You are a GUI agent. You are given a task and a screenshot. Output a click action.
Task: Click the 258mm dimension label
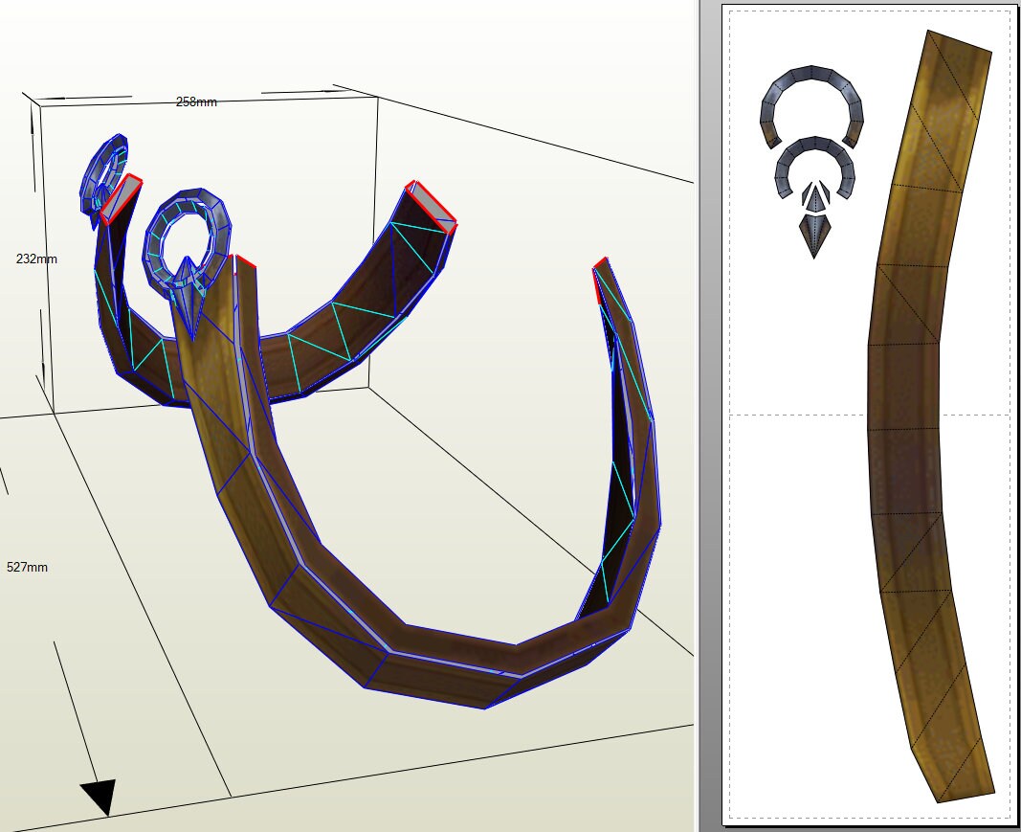pyautogui.click(x=196, y=101)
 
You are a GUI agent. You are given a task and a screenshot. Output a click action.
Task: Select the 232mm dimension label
pyautogui.click(x=37, y=259)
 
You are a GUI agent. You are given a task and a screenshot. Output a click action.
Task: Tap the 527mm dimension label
pyautogui.click(x=27, y=567)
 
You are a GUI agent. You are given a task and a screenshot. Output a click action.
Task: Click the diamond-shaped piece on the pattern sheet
pyautogui.click(x=814, y=234)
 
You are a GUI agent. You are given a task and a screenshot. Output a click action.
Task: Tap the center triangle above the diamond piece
pyautogui.click(x=814, y=197)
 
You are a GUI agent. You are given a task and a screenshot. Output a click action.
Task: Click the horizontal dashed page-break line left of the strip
pyautogui.click(x=799, y=415)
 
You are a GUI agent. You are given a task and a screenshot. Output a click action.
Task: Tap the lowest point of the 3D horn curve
pyautogui.click(x=484, y=707)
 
